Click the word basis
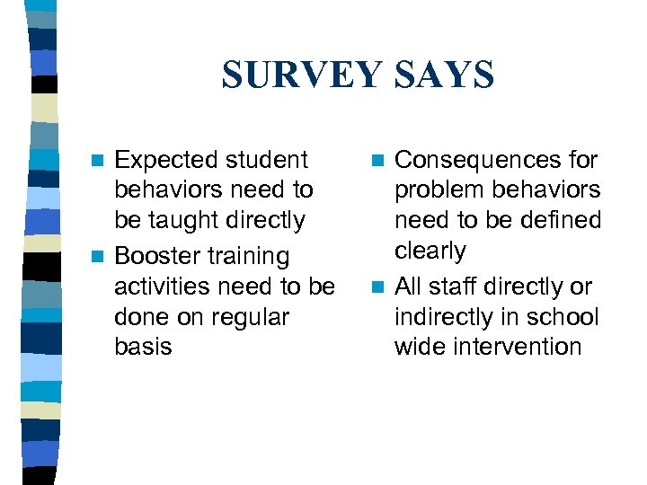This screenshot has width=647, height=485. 143,347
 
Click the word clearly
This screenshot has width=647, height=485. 430,251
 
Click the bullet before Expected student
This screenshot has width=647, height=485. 102,161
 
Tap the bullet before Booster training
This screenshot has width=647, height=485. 102,258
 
